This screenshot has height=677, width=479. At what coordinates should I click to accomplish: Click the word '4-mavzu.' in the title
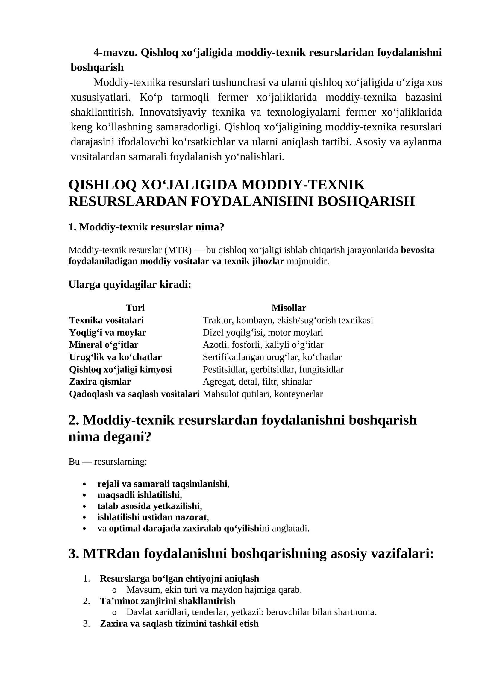point(115,53)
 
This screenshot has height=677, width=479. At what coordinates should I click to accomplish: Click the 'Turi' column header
point(135,308)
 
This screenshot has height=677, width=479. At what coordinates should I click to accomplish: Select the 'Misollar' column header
point(289,308)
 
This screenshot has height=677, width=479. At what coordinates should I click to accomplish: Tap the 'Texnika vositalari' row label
point(106,320)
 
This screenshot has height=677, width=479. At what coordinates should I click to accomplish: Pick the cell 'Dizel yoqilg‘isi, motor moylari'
point(263,333)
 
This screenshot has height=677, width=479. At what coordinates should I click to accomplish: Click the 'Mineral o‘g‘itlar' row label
point(104,345)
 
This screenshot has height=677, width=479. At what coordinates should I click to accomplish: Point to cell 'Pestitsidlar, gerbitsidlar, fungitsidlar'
point(273,369)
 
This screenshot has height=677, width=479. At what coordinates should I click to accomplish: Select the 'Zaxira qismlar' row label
point(100,382)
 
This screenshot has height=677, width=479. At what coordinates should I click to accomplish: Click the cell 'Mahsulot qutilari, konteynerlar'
point(263,394)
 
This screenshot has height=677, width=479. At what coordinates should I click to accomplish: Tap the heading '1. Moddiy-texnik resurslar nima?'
point(146,227)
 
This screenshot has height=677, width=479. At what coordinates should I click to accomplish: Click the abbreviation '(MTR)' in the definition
point(178,250)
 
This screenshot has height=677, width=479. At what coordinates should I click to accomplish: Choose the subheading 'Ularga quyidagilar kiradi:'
point(130,284)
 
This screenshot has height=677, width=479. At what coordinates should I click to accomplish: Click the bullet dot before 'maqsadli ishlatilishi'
point(84,503)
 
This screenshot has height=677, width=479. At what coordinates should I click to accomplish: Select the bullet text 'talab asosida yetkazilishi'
point(148,514)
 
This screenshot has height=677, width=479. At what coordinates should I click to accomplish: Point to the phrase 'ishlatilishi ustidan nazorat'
point(152,525)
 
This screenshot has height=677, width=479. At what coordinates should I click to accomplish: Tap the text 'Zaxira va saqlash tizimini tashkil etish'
point(179,623)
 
